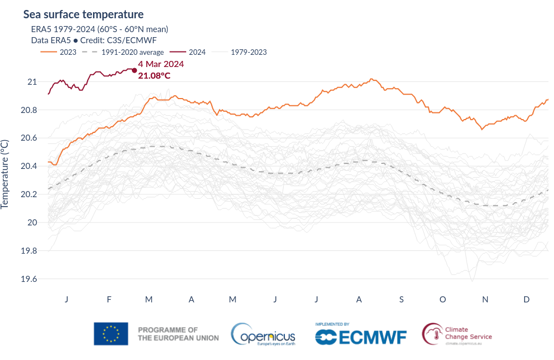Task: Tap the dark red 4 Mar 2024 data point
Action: (134, 70)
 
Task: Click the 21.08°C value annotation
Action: (154, 75)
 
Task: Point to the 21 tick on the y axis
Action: (32, 82)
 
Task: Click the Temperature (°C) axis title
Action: (5, 174)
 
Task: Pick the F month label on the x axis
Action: (109, 300)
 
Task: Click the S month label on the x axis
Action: (401, 300)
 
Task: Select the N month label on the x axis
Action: (485, 300)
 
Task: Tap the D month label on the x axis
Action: (526, 300)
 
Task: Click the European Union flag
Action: (111, 333)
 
